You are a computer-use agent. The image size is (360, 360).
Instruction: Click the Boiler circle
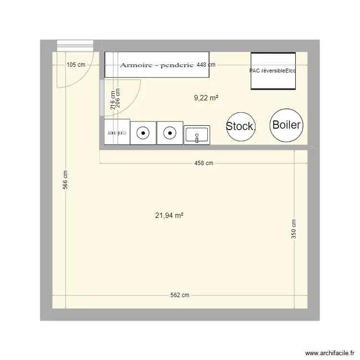[x=286, y=125]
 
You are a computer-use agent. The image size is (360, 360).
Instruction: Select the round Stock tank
[x=240, y=127]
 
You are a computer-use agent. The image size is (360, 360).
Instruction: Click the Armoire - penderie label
[x=156, y=65]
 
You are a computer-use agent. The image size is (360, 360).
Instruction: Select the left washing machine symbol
[x=143, y=132]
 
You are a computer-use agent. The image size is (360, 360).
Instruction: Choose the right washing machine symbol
[x=169, y=132]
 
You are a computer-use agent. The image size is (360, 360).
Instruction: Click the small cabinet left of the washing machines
[x=117, y=132]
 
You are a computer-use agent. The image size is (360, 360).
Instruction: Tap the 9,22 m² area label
[x=206, y=98]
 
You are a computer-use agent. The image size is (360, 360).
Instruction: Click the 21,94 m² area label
[x=169, y=216]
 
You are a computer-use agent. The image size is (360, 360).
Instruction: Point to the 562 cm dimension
[x=180, y=295]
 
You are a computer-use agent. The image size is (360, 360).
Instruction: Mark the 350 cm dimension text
[x=294, y=229]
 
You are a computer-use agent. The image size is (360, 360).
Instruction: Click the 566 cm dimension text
[x=66, y=180]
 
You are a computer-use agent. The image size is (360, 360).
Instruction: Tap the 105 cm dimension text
[x=76, y=65]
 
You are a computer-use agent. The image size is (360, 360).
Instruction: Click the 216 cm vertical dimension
[x=112, y=101]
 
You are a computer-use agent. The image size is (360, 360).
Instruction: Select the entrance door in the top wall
[x=74, y=45]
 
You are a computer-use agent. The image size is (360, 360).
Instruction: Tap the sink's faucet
[x=197, y=139]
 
